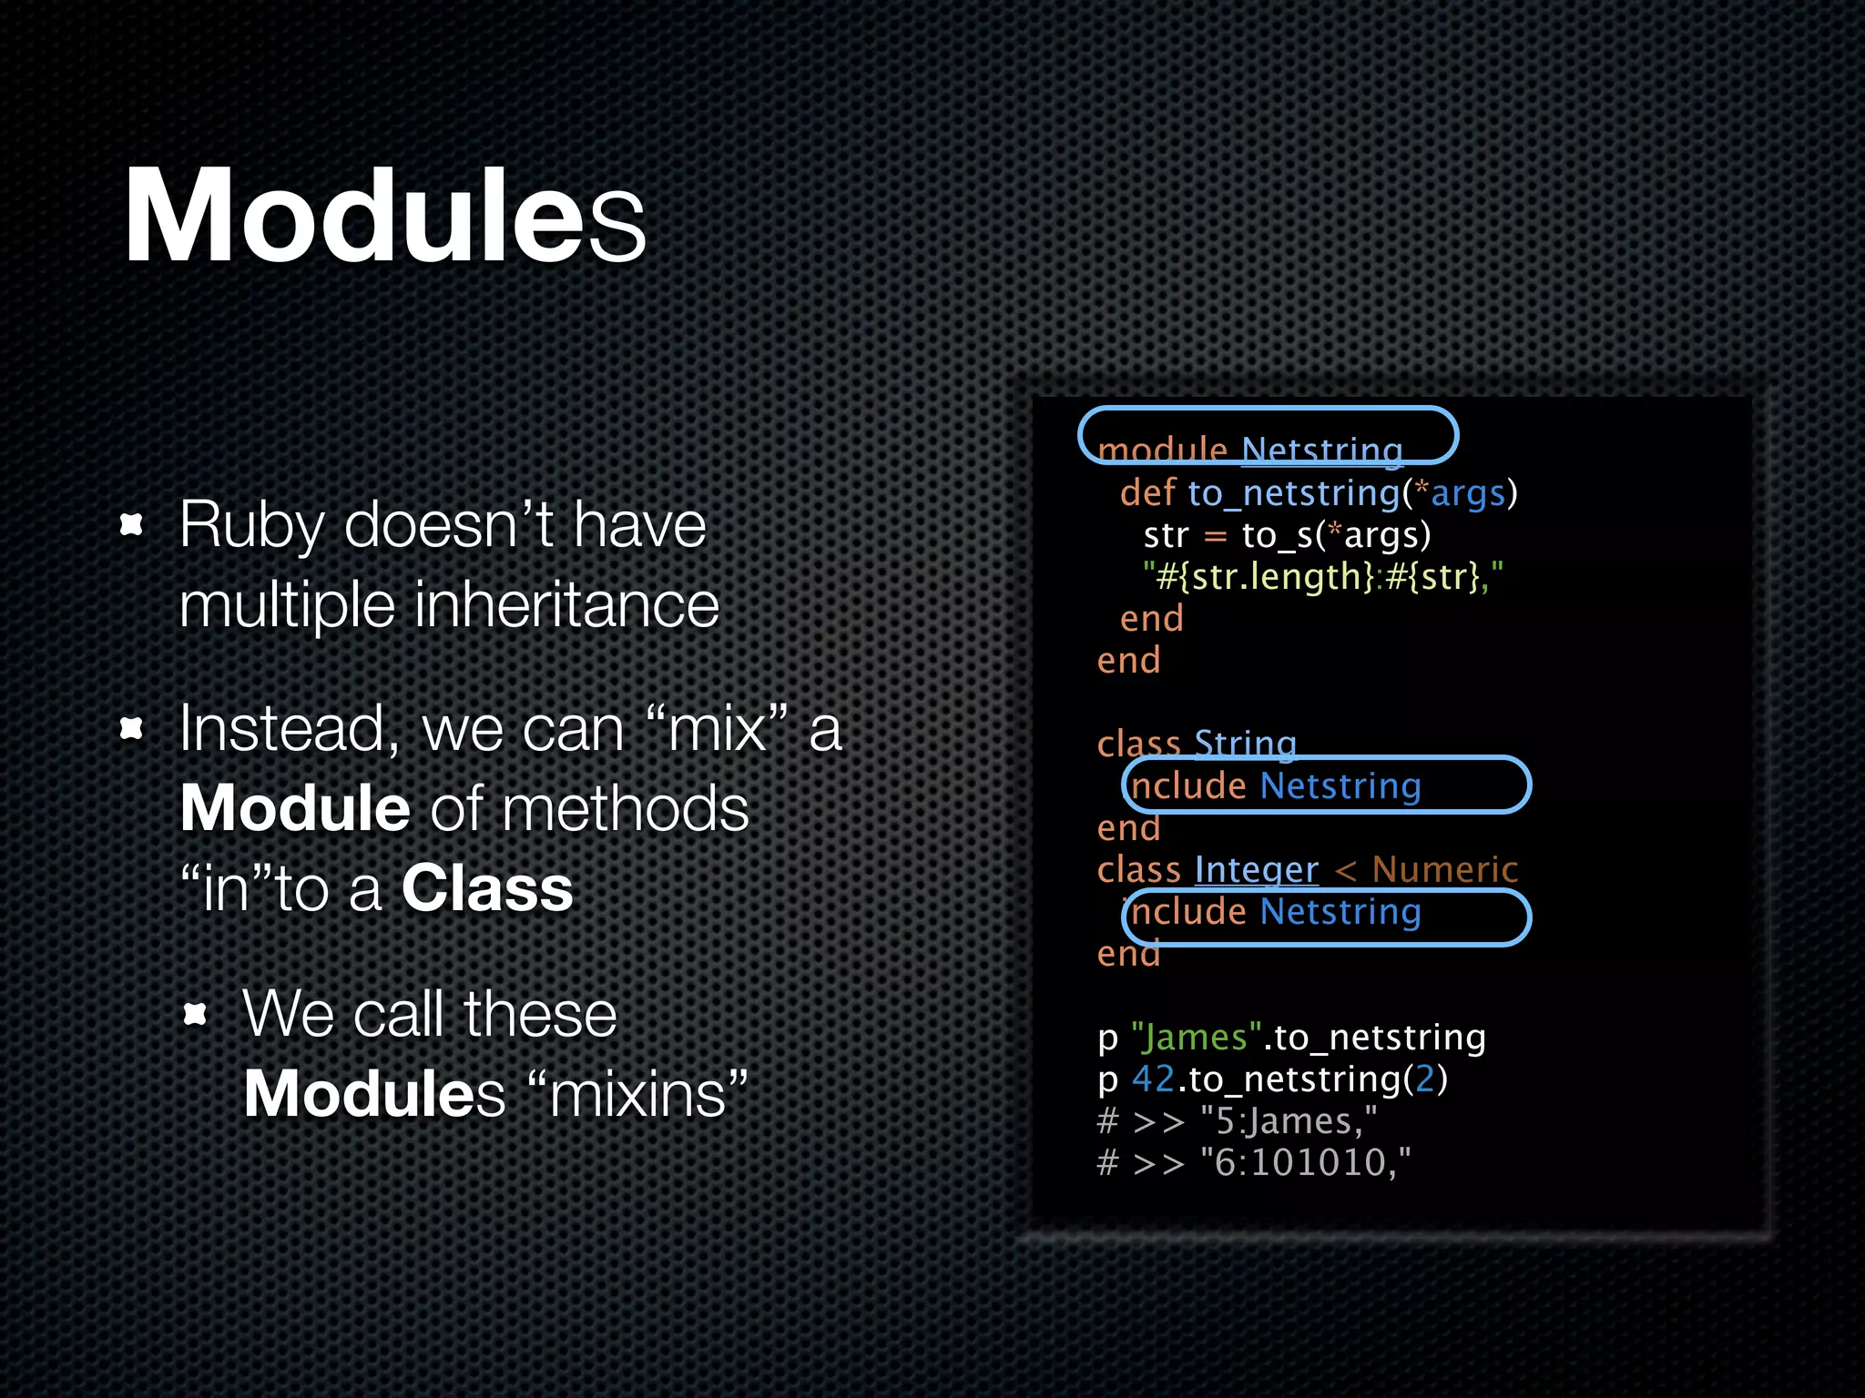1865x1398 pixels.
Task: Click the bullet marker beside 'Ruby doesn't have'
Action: click(133, 524)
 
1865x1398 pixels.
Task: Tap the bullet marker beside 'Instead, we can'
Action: click(133, 728)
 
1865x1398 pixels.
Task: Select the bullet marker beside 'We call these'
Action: click(196, 1013)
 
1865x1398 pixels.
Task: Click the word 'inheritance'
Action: click(566, 604)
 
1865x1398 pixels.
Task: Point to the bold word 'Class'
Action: click(487, 888)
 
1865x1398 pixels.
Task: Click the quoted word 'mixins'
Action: click(637, 1094)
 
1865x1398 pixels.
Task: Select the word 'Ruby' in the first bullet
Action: click(251, 526)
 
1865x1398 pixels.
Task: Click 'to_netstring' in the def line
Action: click(1294, 493)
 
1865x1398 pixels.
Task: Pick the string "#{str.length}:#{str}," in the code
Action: click(1323, 577)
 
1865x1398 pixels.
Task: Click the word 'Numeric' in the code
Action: click(1444, 870)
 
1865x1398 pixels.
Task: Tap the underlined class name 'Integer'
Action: click(1256, 870)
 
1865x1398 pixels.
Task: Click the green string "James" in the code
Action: click(1196, 1038)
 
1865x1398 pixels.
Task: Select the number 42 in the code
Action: click(1153, 1079)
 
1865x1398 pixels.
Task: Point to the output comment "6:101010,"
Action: click(1305, 1163)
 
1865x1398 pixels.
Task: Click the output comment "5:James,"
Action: click(1289, 1121)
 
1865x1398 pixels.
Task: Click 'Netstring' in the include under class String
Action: click(1340, 786)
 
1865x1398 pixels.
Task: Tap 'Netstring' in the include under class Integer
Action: click(1340, 912)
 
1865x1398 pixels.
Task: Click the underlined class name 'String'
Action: click(1245, 745)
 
